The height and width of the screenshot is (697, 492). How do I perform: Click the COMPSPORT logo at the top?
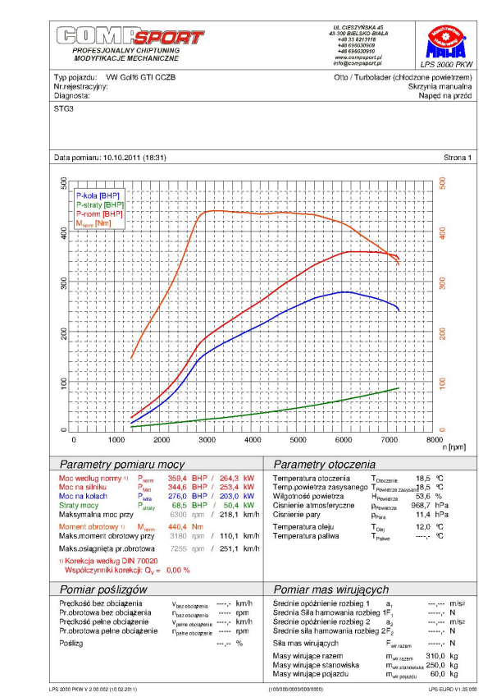[x=130, y=37]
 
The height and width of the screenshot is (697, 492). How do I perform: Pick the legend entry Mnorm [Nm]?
[x=93, y=223]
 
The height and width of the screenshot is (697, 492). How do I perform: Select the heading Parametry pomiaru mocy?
[x=117, y=464]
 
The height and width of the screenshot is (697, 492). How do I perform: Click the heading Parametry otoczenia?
[x=325, y=464]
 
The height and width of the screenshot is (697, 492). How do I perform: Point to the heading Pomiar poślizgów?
[x=103, y=589]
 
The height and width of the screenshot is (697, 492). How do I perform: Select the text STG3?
[x=63, y=108]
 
